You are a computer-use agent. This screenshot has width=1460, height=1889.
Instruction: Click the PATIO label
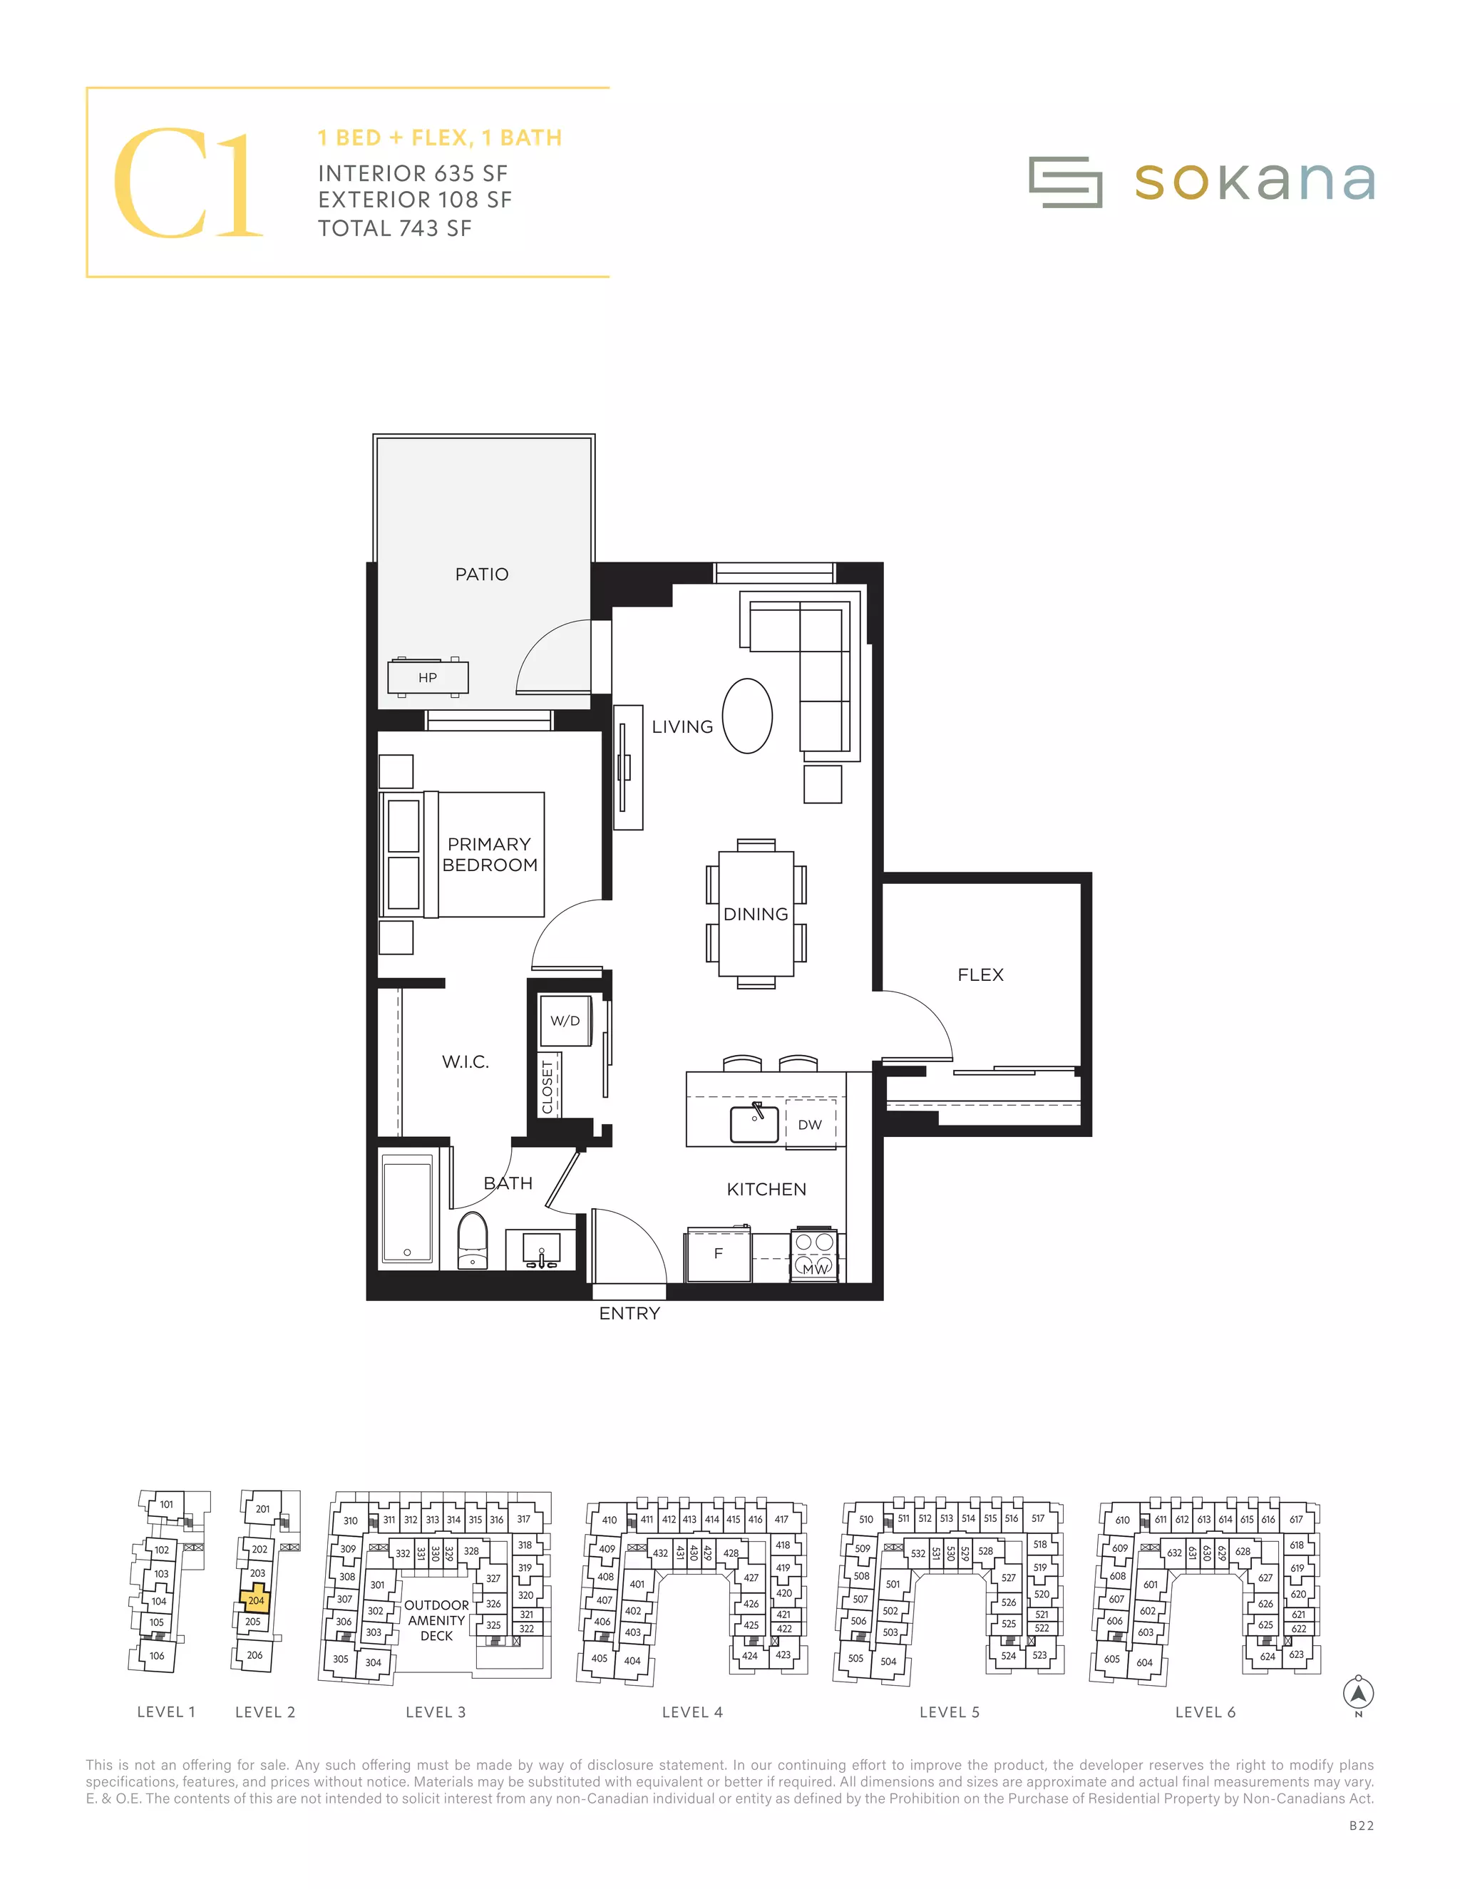pos(482,575)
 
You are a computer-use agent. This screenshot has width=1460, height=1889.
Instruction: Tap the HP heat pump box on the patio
pos(428,677)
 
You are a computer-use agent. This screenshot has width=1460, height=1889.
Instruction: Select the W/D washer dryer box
pos(565,1021)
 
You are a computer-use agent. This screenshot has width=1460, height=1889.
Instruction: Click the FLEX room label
pos(980,974)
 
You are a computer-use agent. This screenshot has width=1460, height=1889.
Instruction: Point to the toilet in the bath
pos(472,1240)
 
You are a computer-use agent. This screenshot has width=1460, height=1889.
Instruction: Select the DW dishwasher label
pos(810,1124)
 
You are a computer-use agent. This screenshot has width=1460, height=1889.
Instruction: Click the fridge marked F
pos(718,1254)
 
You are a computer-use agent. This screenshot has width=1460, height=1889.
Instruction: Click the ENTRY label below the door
pos(629,1313)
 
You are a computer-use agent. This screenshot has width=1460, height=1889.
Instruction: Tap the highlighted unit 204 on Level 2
pos(256,1600)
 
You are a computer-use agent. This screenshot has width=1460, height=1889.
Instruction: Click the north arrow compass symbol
pos(1358,1693)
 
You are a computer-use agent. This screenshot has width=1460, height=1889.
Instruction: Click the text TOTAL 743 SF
pos(394,228)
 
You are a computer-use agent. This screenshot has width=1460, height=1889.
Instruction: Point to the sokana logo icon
pos(1065,182)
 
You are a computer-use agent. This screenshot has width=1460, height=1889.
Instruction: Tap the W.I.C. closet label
pos(466,1061)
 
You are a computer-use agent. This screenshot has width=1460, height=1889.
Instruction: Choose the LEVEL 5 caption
pos(949,1712)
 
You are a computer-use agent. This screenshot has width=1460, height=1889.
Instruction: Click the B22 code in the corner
pos(1360,1826)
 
